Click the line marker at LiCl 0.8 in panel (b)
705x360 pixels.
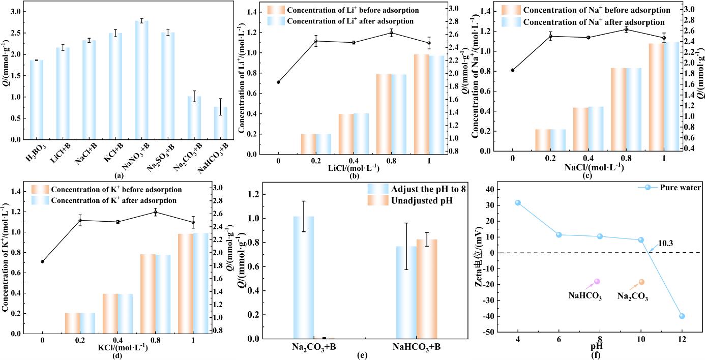pos(391,33)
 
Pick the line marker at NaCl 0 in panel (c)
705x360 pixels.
pos(513,70)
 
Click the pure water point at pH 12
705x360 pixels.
pos(682,316)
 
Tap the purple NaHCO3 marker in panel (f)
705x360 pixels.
pos(597,282)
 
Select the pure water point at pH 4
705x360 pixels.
pos(518,202)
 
